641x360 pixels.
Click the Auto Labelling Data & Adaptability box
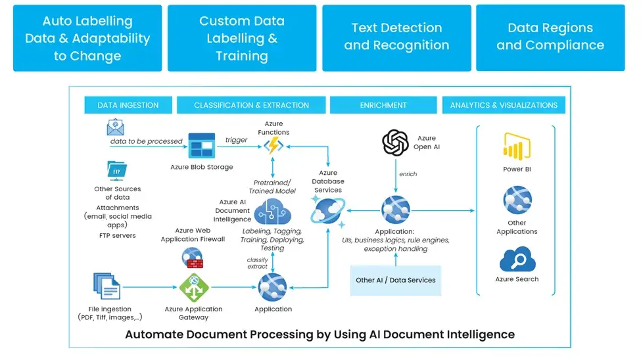[x=87, y=38]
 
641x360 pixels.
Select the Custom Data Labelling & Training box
[x=242, y=38]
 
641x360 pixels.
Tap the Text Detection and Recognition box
[x=396, y=37]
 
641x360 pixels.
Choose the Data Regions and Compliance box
[x=550, y=37]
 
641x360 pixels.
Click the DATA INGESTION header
[x=128, y=105]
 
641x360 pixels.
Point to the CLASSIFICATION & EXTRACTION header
[x=251, y=105]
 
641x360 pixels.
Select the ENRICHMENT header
[x=383, y=105]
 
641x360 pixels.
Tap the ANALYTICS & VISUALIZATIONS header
[x=504, y=105]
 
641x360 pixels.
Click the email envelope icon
[x=116, y=127]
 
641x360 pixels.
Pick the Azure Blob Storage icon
[x=201, y=146]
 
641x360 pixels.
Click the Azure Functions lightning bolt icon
[x=273, y=146]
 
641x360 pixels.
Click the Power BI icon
[x=517, y=146]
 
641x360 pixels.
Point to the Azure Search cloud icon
[x=517, y=259]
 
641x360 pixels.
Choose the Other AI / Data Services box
[x=396, y=280]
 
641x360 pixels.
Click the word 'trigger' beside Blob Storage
[x=237, y=140]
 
